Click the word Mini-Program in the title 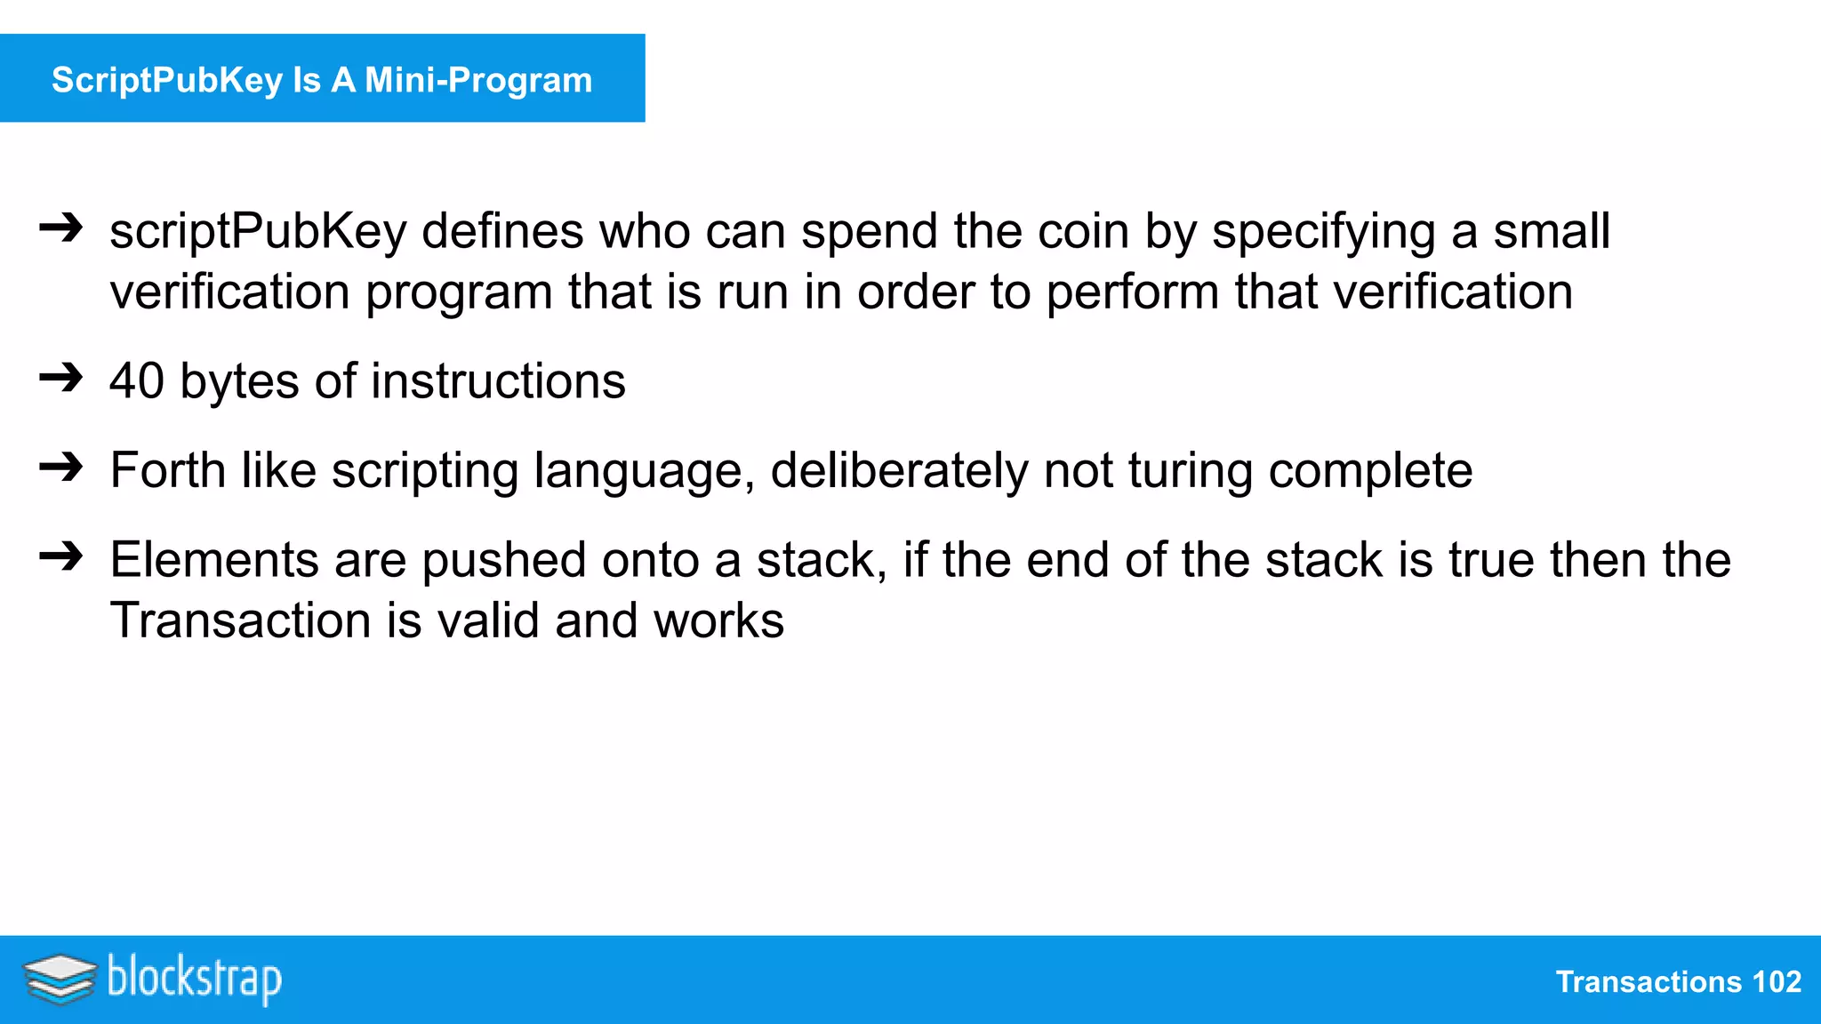[477, 80]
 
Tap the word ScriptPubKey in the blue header [167, 80]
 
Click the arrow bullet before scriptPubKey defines [61, 229]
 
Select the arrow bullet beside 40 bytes [61, 379]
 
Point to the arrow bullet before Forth [61, 468]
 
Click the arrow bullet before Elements [61, 557]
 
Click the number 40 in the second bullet [137, 380]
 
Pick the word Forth [167, 469]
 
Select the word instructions [498, 380]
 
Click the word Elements [214, 560]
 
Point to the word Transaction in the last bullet [240, 620]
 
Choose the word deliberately [899, 471]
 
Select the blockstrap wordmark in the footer [195, 979]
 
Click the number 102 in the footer [1776, 981]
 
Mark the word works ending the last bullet [718, 620]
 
